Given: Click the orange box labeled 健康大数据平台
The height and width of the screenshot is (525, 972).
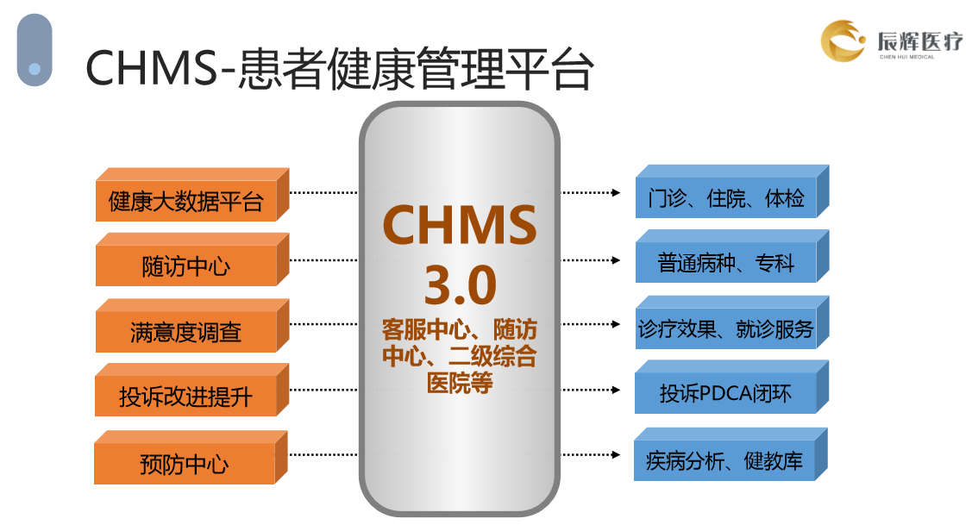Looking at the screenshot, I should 186,202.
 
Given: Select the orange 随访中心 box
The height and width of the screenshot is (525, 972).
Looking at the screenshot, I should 186,266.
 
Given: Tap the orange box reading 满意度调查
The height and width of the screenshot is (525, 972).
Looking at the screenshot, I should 186,332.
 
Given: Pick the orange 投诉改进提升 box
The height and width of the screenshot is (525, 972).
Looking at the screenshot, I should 186,397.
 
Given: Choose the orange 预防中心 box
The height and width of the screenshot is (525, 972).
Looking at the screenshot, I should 185,464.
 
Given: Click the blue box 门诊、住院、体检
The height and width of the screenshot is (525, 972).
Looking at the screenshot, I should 725,198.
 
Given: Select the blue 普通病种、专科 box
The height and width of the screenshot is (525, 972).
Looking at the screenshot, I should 725,263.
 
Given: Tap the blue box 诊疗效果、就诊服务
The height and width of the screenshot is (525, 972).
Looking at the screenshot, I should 725,329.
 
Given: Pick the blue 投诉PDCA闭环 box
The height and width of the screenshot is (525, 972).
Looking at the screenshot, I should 725,395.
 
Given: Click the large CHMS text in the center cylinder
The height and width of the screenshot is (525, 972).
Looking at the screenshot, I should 460,225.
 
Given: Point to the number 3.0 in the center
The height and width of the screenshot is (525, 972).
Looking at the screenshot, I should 460,285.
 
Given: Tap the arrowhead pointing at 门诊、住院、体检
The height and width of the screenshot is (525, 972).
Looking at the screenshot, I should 616,192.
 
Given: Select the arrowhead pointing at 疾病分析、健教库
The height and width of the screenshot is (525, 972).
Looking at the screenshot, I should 616,454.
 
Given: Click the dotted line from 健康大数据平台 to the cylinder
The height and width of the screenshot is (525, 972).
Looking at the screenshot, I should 323,192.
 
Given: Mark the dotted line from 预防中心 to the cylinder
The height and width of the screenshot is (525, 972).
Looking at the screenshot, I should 323,453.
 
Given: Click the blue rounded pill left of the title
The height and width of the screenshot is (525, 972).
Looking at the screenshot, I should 34,50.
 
